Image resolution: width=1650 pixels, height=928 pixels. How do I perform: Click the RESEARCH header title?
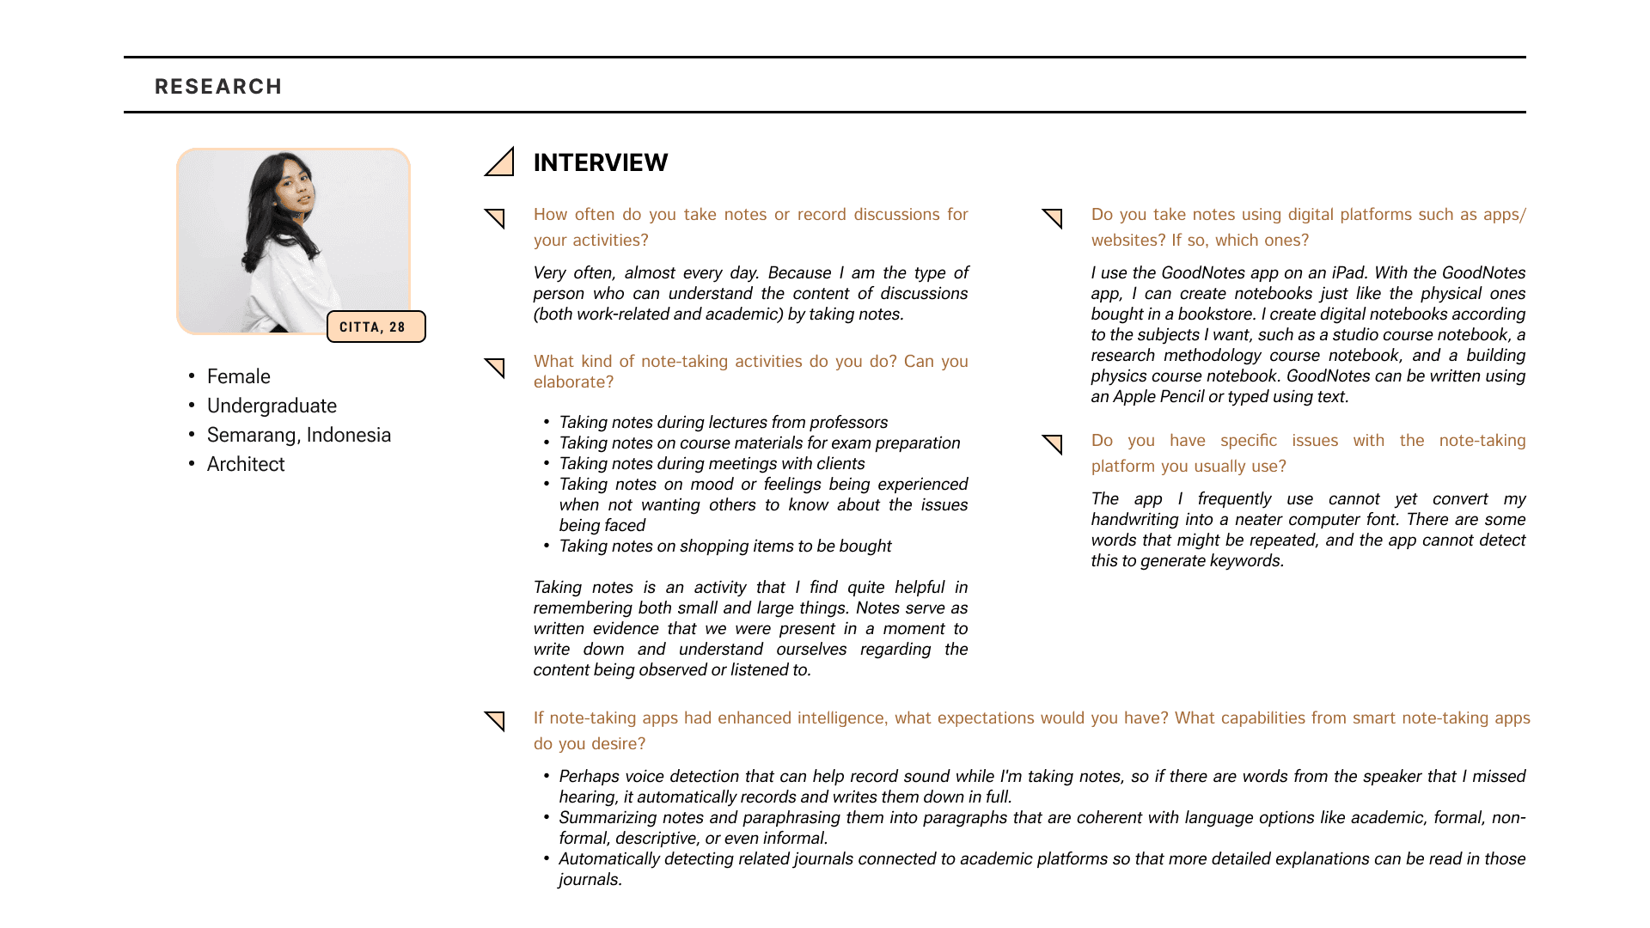[x=218, y=87]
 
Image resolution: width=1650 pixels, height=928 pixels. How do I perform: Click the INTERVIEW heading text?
[x=600, y=162]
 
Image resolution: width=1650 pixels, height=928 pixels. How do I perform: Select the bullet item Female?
[x=238, y=376]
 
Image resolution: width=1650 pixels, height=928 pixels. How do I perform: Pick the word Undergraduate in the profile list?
[x=272, y=406]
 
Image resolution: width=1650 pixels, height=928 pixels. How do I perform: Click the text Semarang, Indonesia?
[x=298, y=435]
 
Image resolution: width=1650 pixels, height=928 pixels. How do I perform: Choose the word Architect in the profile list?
[x=246, y=464]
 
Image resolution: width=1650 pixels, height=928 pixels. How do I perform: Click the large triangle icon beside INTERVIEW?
[x=501, y=163]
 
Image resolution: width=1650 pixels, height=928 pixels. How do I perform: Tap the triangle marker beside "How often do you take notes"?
[x=496, y=217]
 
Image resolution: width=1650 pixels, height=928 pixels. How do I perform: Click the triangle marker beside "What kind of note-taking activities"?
[x=496, y=367]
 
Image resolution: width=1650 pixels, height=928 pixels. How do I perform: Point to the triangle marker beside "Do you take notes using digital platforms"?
[x=1054, y=217]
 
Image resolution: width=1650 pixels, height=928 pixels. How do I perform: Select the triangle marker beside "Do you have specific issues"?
[x=1054, y=443]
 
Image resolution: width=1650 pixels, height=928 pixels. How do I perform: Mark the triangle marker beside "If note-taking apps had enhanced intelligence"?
[x=496, y=720]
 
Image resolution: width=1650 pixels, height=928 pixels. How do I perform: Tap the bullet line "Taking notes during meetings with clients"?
[x=712, y=464]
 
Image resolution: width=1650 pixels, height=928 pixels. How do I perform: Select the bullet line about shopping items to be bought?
[x=724, y=546]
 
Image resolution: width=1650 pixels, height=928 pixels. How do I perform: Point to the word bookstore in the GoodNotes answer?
[x=1216, y=314]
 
